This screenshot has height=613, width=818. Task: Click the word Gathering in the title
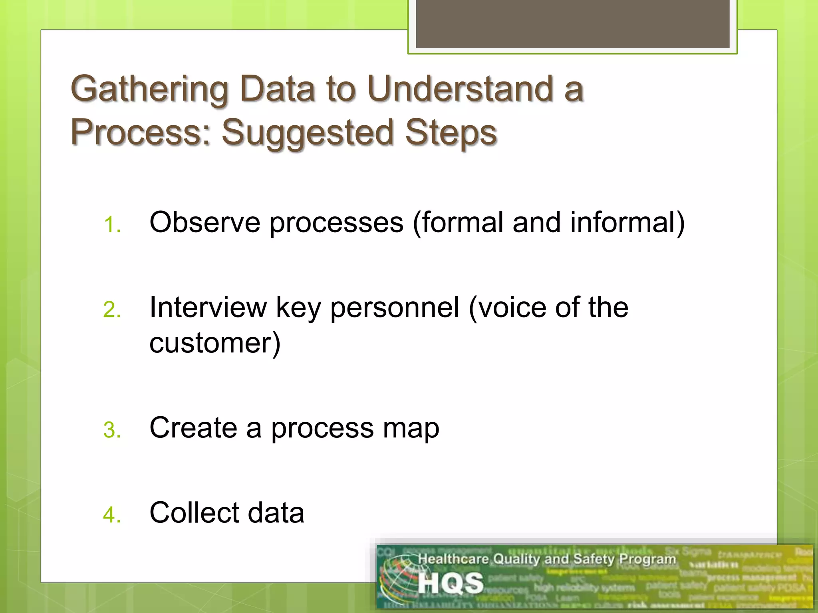point(149,89)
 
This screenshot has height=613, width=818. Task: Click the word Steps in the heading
point(451,132)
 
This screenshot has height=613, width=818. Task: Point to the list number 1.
point(111,225)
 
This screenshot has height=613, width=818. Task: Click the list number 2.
point(111,310)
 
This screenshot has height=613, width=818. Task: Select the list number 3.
point(111,431)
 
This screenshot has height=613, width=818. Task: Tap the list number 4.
point(111,515)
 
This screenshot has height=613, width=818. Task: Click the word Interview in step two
point(208,307)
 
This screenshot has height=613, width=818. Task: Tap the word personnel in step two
point(395,308)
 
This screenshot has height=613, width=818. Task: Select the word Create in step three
point(193,428)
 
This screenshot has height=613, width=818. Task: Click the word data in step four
point(276,512)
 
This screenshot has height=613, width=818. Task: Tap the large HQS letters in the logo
point(451,583)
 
